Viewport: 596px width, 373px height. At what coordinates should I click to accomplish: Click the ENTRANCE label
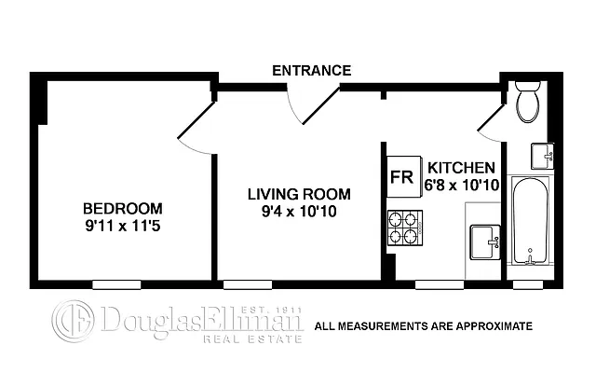point(311,71)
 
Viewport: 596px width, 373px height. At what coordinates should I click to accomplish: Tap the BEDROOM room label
point(122,208)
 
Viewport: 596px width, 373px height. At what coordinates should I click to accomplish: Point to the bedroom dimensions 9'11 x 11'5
point(122,224)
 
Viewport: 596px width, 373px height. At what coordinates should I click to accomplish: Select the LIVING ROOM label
point(299,194)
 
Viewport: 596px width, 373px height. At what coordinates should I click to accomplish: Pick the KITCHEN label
point(461,168)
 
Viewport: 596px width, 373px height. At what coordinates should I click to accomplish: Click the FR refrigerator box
point(401,176)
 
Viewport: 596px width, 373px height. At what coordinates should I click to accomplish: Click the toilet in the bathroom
point(526,104)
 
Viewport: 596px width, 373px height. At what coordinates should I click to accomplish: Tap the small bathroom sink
point(541,155)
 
